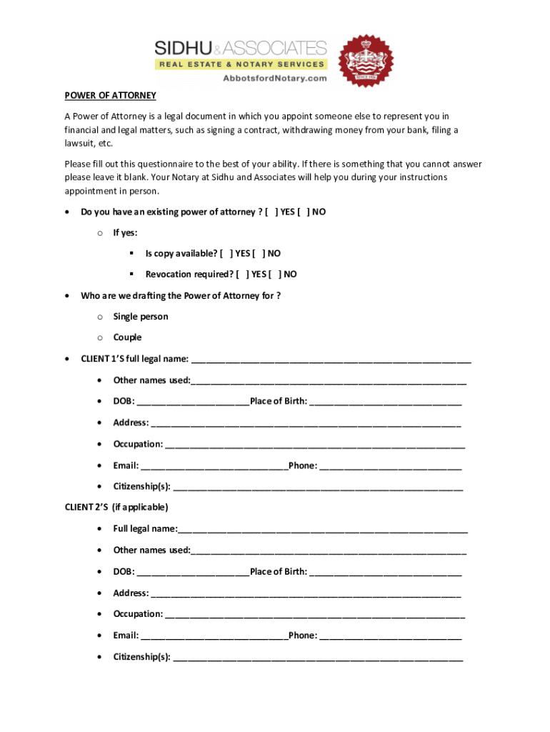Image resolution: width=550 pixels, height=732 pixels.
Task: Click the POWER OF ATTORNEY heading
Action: [x=110, y=96]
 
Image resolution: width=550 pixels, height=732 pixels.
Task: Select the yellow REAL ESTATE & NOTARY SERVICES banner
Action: [x=241, y=64]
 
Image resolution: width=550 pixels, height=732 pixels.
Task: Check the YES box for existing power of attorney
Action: [x=271, y=212]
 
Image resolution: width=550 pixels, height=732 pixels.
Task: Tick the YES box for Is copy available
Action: [x=226, y=254]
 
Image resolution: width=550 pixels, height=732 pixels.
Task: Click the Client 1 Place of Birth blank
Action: [x=386, y=402]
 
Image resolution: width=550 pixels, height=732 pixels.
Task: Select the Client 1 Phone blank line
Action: [x=391, y=466]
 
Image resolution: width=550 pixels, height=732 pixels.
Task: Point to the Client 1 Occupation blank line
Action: [x=315, y=445]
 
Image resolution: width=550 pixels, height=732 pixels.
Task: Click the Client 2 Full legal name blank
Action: [x=324, y=530]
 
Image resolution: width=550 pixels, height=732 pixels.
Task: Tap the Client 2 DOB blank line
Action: [x=193, y=573]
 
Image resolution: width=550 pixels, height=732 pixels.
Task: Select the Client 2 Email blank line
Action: [x=214, y=636]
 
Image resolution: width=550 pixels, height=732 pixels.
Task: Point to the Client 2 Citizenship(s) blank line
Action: [x=318, y=658]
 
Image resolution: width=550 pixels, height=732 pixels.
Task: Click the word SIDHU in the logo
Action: [x=182, y=48]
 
